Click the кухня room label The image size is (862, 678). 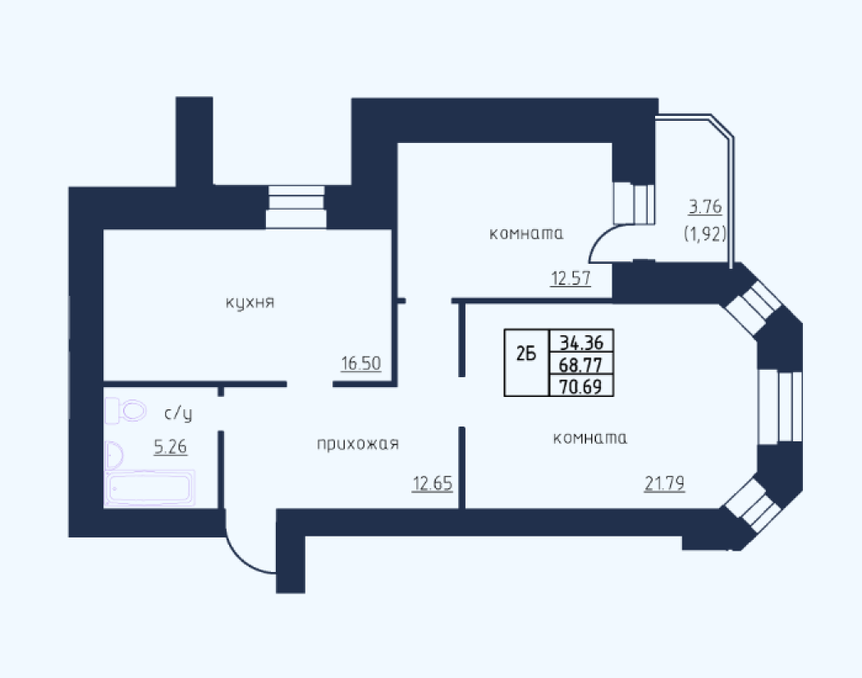point(250,302)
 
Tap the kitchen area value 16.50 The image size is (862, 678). point(361,363)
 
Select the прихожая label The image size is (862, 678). point(358,444)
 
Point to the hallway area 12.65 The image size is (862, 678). point(433,483)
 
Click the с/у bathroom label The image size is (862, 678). point(179,413)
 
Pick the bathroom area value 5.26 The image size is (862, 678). point(171,446)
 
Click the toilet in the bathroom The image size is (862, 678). point(126,410)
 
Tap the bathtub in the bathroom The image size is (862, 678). point(150,487)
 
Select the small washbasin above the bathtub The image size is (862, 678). point(114,455)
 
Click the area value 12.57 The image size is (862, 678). point(571,278)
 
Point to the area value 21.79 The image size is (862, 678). point(665,483)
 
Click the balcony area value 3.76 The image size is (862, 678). point(705,207)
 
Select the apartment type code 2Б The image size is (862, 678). point(526,354)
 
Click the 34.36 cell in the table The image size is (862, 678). point(581,343)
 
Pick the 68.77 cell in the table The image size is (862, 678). point(581,364)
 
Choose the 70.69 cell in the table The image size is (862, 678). point(581,385)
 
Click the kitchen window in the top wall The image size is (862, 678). point(296,207)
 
